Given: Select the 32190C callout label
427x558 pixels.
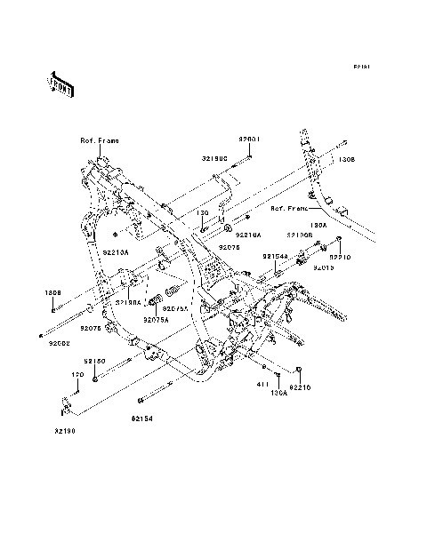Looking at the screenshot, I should pos(214,157).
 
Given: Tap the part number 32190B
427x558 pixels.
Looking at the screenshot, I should pos(299,235).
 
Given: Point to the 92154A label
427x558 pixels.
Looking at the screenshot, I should pos(274,255).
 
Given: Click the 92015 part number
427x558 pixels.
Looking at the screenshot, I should pos(323,267).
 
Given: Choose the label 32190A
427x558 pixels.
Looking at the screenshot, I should pos(130,302).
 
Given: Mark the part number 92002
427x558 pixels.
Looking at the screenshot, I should pos(60,342).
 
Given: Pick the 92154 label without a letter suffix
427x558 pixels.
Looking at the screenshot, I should pos(143,417).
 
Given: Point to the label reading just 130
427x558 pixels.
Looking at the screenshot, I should pos(203,213).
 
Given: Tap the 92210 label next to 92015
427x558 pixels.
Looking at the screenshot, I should pos(341,257).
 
